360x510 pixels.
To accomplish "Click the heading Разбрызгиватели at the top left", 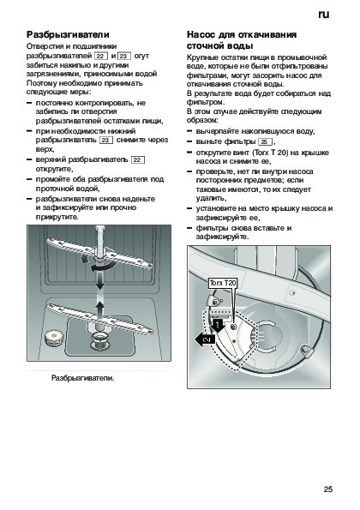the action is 68,34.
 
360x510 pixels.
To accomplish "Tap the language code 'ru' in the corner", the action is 324,15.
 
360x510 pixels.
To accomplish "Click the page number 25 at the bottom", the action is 328,489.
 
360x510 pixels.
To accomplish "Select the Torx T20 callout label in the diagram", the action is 223,283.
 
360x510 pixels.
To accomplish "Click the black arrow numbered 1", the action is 217,326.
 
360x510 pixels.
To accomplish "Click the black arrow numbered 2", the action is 205,340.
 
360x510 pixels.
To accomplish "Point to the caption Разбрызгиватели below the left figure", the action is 83,378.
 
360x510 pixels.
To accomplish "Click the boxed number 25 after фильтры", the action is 265,141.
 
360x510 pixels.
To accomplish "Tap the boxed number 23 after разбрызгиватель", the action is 106,141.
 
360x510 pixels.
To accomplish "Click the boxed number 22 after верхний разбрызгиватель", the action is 138,159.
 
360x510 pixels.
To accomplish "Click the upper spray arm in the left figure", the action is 99,254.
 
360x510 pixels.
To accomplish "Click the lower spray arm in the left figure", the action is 99,319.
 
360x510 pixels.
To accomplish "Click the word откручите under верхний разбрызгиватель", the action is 54,169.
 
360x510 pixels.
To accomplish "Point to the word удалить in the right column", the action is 211,198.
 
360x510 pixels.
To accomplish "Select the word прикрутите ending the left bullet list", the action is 57,217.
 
